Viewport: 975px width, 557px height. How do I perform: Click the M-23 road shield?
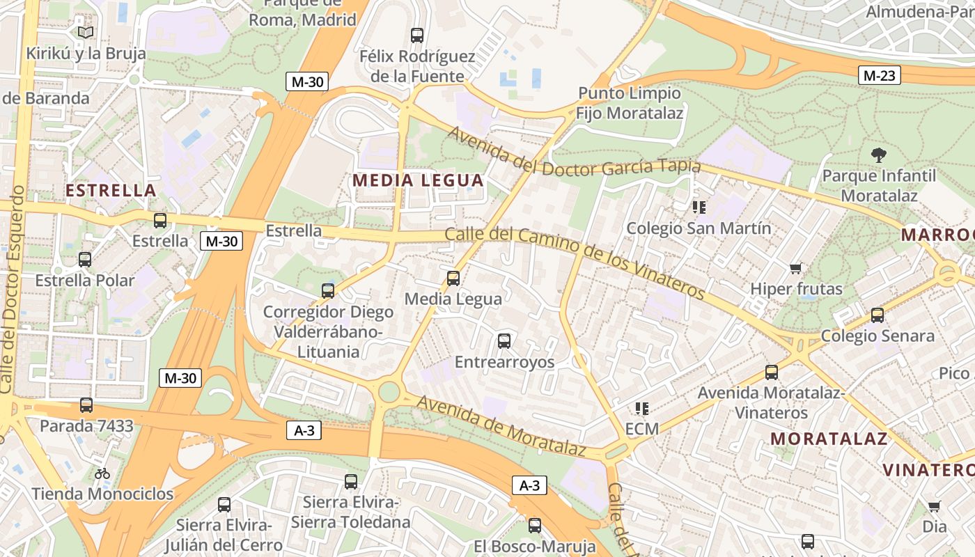click(879, 75)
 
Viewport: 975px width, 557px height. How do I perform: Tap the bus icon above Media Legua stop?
click(453, 278)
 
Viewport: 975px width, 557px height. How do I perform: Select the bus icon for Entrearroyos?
click(504, 341)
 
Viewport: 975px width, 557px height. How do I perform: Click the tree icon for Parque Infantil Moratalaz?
click(879, 155)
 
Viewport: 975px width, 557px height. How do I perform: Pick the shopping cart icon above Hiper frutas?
click(796, 268)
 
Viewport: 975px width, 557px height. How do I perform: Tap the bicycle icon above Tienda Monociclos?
click(102, 473)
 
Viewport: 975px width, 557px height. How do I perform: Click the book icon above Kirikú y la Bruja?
click(86, 32)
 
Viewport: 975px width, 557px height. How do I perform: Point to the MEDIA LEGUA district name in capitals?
click(418, 180)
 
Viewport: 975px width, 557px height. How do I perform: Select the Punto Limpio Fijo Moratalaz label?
click(630, 102)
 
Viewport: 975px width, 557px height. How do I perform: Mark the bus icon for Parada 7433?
click(86, 405)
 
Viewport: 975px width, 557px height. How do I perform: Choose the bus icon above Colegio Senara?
click(877, 315)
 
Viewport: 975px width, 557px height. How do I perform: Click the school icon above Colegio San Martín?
click(699, 207)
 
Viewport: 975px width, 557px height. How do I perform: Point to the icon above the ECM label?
click(641, 408)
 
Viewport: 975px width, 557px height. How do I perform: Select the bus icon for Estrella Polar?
click(85, 260)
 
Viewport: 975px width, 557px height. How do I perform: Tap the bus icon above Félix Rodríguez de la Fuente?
click(417, 36)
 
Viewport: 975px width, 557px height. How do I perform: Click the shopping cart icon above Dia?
click(934, 506)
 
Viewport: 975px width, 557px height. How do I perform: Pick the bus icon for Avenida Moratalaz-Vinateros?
click(772, 372)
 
